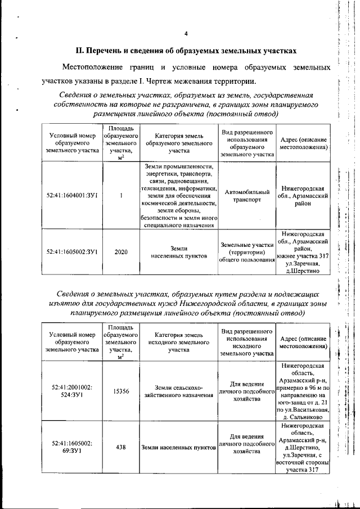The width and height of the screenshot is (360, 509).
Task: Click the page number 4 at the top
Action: point(186,33)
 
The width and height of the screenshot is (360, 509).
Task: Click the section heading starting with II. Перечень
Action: point(186,51)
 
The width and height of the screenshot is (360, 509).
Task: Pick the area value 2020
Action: point(121,251)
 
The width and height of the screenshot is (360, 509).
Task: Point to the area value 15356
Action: point(121,391)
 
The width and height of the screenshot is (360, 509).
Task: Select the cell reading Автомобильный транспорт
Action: point(247,196)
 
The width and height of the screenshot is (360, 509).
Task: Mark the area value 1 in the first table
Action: point(121,196)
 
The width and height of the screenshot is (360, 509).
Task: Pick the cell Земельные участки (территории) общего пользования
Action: point(247,251)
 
